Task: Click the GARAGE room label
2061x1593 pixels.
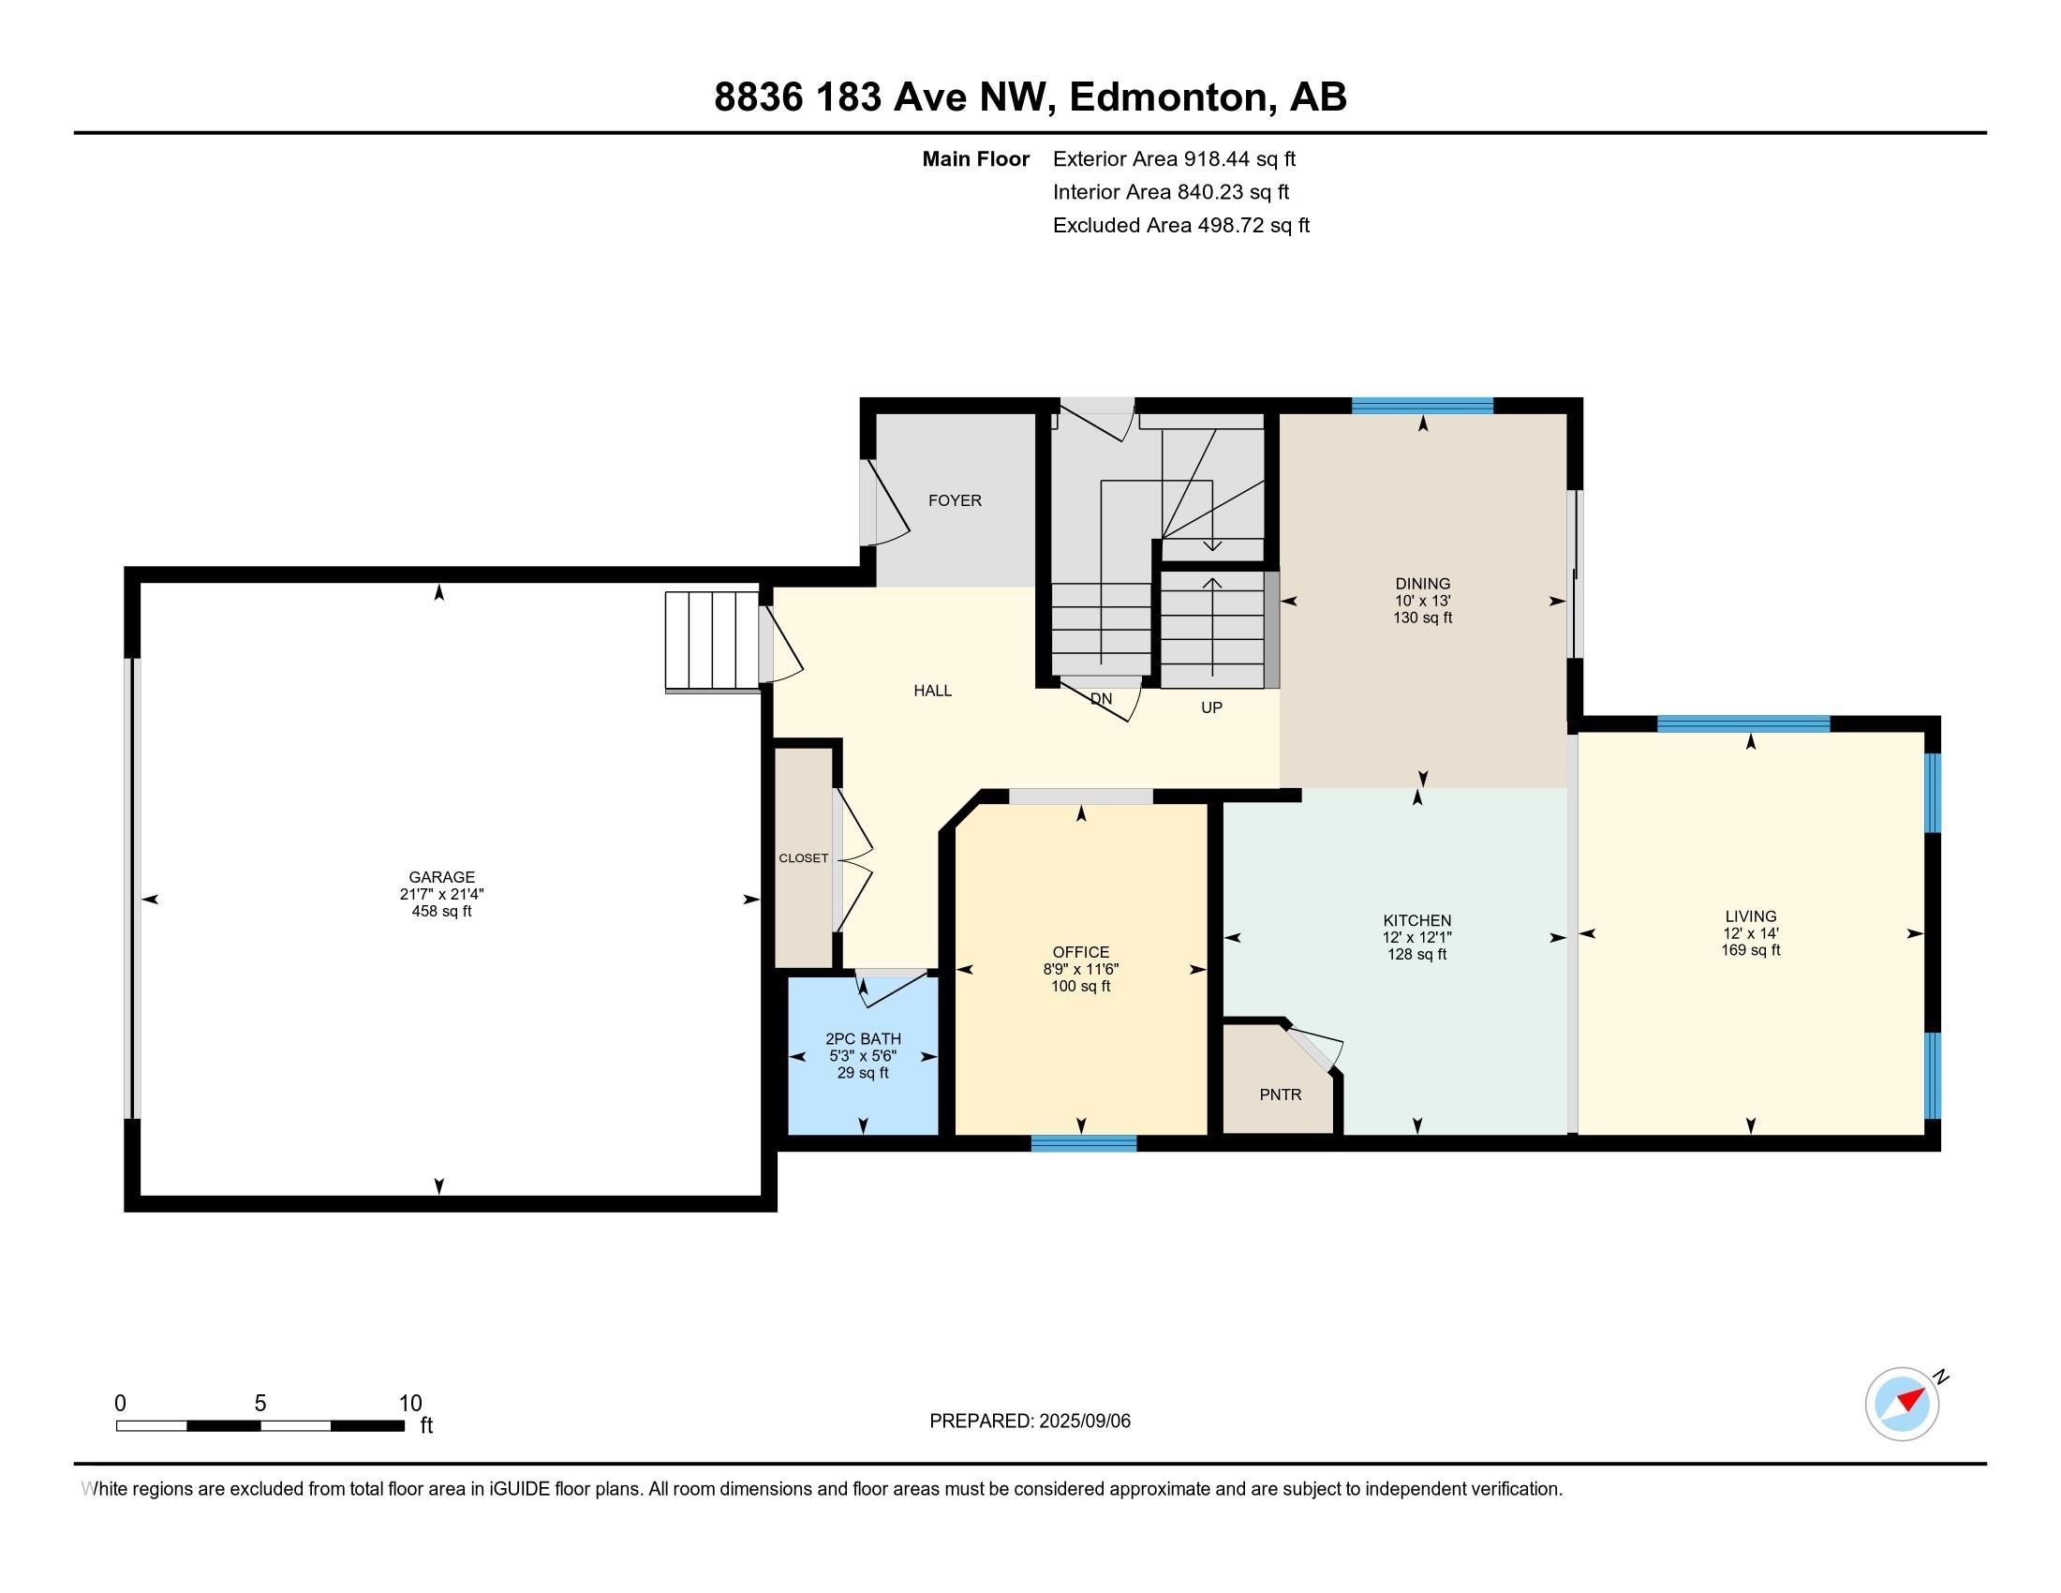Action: (x=441, y=877)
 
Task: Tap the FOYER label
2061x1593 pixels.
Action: (x=955, y=500)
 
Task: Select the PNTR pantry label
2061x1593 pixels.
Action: (x=1281, y=1094)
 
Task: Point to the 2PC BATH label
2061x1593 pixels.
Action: (x=864, y=1039)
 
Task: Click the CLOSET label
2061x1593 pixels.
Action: (x=804, y=857)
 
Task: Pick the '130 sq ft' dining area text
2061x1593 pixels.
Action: (x=1423, y=618)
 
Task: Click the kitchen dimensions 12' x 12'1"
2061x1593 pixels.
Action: (x=1417, y=937)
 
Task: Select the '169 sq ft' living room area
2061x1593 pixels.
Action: (x=1751, y=950)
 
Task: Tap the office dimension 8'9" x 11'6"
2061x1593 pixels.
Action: (x=1081, y=969)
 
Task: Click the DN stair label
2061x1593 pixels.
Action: (x=1102, y=699)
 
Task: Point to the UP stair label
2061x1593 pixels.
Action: (x=1211, y=707)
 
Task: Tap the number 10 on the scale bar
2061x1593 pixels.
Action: (x=410, y=1404)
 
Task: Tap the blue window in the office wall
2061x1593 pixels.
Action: (x=1083, y=1143)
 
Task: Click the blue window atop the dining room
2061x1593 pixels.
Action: (x=1423, y=406)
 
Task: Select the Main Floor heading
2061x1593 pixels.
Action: (x=976, y=158)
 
